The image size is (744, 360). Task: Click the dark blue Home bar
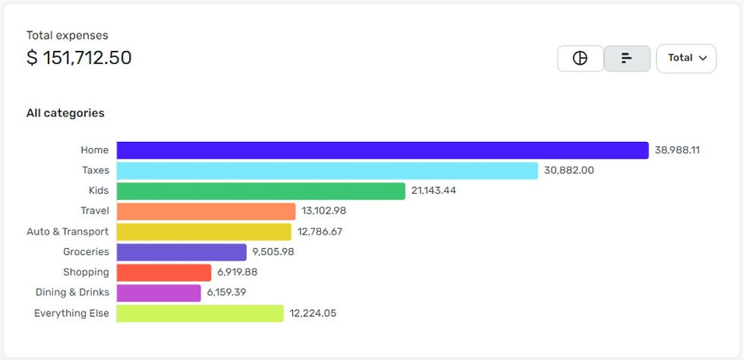[383, 150]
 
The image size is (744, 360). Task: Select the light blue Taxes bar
[327, 171]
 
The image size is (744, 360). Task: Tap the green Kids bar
[260, 191]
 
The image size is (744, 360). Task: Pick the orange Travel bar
[206, 211]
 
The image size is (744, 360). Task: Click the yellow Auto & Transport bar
[203, 232]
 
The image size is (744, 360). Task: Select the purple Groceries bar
[181, 252]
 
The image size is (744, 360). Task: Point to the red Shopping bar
[164, 273]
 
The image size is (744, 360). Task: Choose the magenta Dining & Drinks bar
[159, 292]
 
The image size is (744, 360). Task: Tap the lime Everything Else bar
[200, 314]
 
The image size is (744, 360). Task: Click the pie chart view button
[580, 58]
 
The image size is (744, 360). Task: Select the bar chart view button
[627, 58]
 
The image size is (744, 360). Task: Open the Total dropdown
[686, 58]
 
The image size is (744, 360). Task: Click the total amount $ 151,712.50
[79, 58]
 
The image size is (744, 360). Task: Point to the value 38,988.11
[677, 150]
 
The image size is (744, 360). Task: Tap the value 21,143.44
[433, 191]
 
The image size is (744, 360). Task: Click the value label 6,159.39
[226, 292]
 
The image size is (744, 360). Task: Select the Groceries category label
[86, 252]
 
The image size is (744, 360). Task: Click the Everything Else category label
[71, 313]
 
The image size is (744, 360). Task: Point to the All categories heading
[65, 113]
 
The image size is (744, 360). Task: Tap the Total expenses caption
[67, 36]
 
